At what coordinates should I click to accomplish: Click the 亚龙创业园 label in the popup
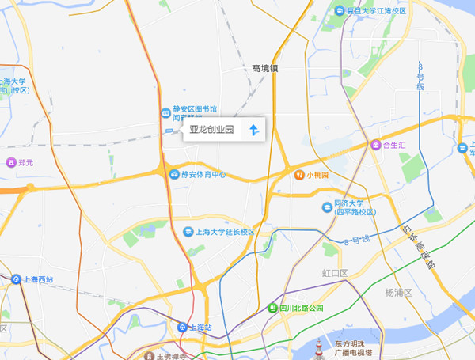pyautogui.click(x=212, y=130)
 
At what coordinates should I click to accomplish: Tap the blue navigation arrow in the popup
pyautogui.click(x=254, y=130)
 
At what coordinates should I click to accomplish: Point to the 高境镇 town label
pyautogui.click(x=265, y=69)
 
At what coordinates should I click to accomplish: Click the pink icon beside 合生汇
pyautogui.click(x=375, y=145)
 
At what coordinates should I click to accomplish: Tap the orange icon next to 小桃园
pyautogui.click(x=300, y=175)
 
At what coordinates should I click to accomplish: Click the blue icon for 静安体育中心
pyautogui.click(x=173, y=175)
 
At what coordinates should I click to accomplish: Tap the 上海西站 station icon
pyautogui.click(x=17, y=279)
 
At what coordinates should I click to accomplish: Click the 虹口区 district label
pyautogui.click(x=335, y=273)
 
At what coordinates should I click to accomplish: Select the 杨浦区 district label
pyautogui.click(x=398, y=293)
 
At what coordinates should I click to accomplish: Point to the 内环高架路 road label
pyautogui.click(x=417, y=244)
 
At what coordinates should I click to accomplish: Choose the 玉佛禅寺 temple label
pyautogui.click(x=171, y=356)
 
